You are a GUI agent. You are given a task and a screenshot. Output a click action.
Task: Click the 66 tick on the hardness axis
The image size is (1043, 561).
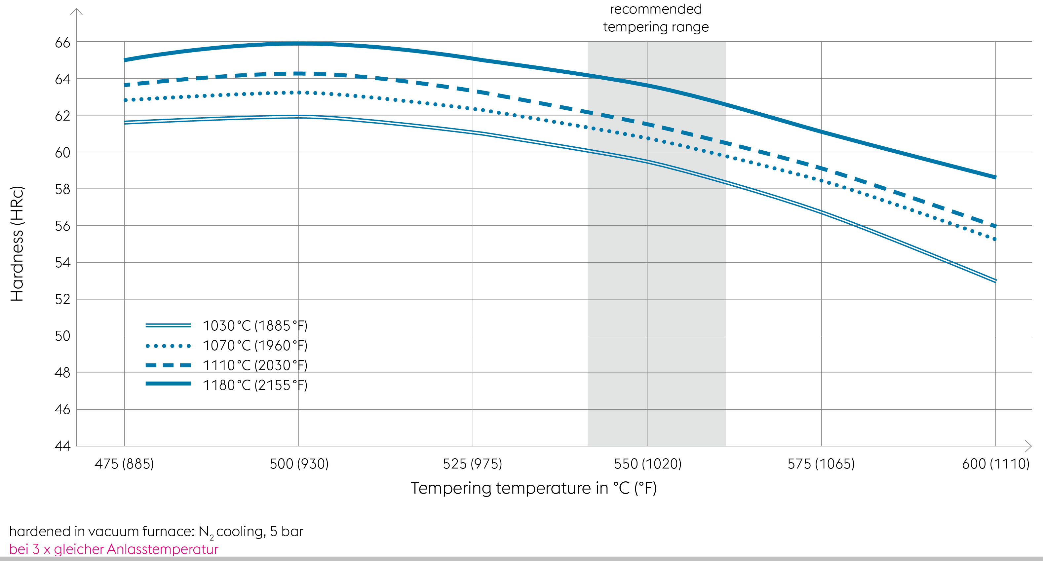coord(62,43)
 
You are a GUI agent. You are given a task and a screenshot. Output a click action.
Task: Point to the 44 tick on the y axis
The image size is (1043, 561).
coord(62,446)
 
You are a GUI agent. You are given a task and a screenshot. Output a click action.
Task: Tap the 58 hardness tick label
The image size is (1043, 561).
coord(62,189)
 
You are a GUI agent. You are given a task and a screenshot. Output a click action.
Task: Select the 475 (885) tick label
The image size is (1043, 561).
coord(124,464)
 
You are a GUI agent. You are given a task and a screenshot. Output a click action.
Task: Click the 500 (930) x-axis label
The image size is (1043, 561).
coord(299,464)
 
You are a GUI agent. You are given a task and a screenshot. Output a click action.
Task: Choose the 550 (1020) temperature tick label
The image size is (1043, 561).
coord(647,464)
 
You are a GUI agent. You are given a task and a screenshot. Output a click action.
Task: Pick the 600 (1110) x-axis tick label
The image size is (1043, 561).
coord(995,464)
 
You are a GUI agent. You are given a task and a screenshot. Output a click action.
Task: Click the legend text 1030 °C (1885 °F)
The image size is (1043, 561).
coord(255,326)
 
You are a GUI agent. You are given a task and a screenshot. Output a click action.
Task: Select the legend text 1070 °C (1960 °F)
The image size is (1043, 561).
coord(255,346)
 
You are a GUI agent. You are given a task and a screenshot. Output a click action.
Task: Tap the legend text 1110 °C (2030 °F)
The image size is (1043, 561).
coord(255,365)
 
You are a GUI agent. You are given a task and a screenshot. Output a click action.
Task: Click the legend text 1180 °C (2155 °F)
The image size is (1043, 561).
coord(255,385)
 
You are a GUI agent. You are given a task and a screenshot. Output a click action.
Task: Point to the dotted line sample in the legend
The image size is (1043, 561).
coord(168,346)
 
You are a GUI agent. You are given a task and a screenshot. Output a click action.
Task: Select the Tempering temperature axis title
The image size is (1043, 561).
coord(534,488)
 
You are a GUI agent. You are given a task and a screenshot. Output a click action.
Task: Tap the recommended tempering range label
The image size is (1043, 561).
coord(656,18)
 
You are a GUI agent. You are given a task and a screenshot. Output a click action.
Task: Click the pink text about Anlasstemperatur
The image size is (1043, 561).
coord(113,549)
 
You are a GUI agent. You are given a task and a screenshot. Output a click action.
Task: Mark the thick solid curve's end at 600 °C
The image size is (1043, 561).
coord(995,177)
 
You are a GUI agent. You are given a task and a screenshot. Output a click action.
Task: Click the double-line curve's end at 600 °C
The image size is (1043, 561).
coord(995,280)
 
